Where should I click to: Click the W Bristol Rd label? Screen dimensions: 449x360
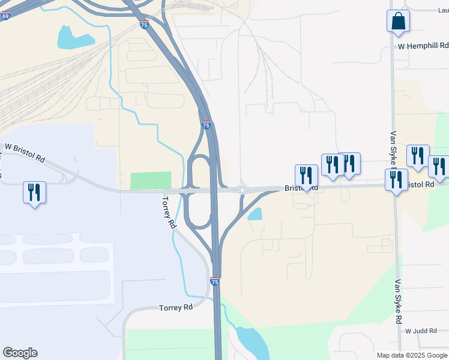[x=25, y=153]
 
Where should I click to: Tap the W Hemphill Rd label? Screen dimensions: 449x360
[x=423, y=46]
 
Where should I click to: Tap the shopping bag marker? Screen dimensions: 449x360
[x=398, y=22]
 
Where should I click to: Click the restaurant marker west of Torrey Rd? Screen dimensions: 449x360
[x=34, y=193]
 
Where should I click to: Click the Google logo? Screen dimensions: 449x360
[x=20, y=353]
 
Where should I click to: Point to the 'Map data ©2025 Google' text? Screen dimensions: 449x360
[x=412, y=355]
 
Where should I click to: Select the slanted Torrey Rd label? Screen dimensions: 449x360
[x=169, y=212]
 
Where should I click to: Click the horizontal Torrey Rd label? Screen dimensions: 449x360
[x=176, y=307]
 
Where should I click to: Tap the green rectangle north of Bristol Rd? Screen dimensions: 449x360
[x=151, y=181]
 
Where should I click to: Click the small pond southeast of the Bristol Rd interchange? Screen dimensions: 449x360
[x=255, y=214]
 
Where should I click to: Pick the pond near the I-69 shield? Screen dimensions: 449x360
[x=75, y=37]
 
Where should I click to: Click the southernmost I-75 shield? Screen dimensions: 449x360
[x=215, y=281]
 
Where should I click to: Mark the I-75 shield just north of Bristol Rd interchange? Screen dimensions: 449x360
[x=206, y=125]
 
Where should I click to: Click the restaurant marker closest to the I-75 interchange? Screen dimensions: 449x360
[x=306, y=175]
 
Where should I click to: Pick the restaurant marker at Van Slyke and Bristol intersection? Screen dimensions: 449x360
[x=396, y=180]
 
